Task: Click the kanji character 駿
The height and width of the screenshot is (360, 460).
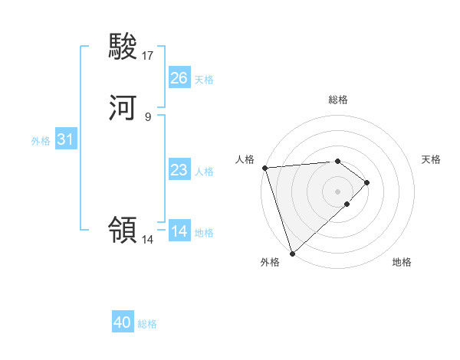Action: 123,47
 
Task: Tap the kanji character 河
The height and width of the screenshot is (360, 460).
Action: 123,108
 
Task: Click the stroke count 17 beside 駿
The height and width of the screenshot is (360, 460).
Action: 148,55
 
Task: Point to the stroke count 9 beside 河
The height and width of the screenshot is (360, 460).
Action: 148,116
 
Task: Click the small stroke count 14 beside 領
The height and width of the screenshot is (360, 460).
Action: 148,239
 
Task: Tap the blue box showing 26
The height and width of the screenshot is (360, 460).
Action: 179,78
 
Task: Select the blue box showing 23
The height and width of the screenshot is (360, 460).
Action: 179,170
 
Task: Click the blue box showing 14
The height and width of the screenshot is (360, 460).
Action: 179,231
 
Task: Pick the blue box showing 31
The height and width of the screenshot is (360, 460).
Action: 65,140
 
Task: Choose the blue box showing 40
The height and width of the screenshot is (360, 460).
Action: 122,322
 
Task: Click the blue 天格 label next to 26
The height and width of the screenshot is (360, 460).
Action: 204,79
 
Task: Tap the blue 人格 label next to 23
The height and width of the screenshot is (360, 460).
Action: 204,171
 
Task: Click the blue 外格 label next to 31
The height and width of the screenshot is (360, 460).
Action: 41,141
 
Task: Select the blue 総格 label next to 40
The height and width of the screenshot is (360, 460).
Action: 147,323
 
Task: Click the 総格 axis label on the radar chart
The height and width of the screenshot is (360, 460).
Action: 338,100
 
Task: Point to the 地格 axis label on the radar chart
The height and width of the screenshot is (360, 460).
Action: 402,262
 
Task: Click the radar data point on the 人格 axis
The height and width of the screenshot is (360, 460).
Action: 264,168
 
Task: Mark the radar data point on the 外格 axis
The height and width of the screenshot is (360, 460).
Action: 292,253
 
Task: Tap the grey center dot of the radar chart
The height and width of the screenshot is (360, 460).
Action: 338,191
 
